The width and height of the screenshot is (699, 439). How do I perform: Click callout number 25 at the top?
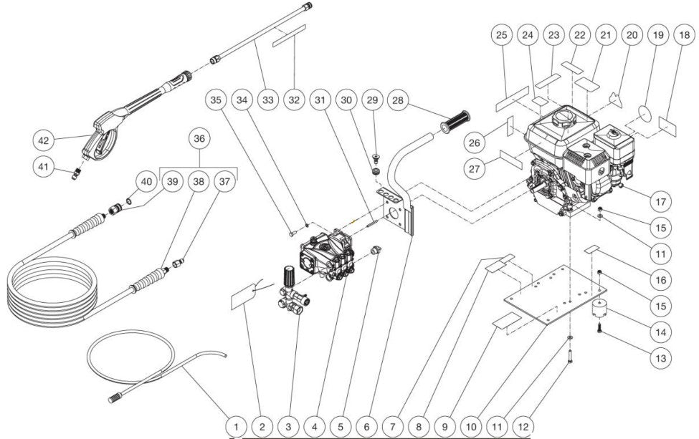pyautogui.click(x=502, y=35)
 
